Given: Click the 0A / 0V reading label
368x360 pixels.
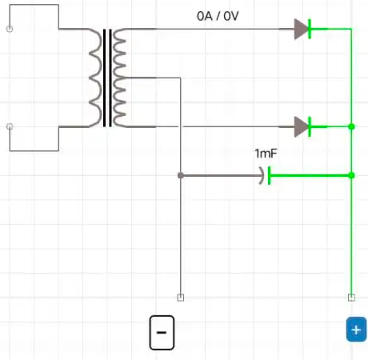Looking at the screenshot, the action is (x=218, y=16).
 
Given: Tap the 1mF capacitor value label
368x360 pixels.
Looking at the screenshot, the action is (x=266, y=154).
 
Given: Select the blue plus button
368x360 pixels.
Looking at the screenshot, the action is (x=356, y=330).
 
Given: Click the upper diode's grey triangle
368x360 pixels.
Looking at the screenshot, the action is (x=301, y=29).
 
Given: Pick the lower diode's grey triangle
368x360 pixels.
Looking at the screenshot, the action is (x=301, y=126).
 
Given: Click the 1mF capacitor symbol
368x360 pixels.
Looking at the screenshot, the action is (x=265, y=175).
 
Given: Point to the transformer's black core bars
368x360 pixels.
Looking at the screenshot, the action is (x=107, y=78).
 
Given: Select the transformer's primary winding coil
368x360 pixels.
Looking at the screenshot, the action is (x=95, y=78).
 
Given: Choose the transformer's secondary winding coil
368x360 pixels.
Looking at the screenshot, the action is (x=119, y=78).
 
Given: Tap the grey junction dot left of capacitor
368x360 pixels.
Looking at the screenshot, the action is (x=181, y=175).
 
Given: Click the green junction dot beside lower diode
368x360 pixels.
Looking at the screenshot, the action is (x=351, y=126).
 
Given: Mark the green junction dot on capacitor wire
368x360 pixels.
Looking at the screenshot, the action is (x=351, y=175).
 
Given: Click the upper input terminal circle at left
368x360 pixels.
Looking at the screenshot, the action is (x=10, y=29).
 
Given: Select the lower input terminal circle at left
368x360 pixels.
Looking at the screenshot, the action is (x=10, y=126).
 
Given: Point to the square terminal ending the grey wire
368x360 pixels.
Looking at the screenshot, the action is (x=181, y=298).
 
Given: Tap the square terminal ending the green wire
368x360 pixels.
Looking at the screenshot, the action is (x=351, y=298).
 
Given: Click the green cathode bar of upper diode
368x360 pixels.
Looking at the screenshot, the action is (x=310, y=29).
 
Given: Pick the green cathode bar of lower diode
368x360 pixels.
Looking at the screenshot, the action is (x=310, y=126).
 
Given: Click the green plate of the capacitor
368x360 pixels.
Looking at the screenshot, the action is (x=270, y=175).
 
